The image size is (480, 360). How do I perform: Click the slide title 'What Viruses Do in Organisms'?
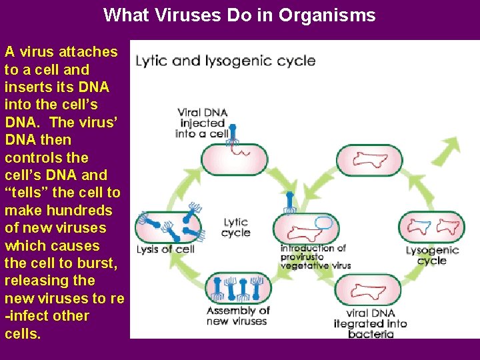[239, 15]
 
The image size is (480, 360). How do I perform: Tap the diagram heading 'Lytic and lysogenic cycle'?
[225, 61]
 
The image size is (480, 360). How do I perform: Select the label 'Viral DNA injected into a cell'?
[203, 123]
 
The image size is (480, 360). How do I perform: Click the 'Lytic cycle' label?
[235, 227]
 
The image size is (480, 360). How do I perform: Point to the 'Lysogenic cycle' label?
[432, 255]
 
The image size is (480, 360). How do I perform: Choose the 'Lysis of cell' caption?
[165, 249]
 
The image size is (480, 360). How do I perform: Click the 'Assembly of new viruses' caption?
[237, 316]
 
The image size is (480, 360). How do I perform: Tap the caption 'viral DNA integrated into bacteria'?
[371, 323]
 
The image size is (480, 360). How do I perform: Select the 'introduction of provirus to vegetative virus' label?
[314, 257]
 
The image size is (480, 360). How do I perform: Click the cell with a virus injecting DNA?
[234, 158]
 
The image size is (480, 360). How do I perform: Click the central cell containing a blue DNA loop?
[305, 228]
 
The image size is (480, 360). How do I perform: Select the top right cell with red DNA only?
[369, 159]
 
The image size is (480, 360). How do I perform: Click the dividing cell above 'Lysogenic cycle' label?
[431, 227]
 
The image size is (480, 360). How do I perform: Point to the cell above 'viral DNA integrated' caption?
[368, 289]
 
